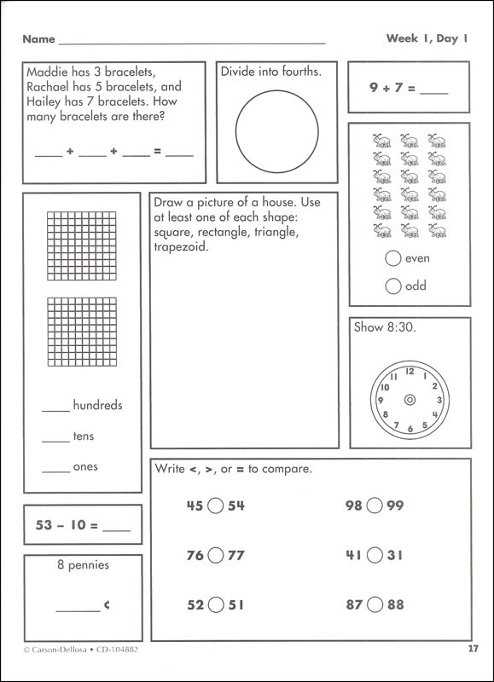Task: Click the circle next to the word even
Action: click(x=393, y=258)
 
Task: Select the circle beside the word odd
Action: click(x=393, y=286)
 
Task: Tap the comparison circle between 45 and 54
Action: click(x=215, y=506)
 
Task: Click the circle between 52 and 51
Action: click(x=215, y=605)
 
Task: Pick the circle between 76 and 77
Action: click(x=215, y=555)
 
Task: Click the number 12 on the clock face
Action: click(x=410, y=371)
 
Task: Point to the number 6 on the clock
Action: click(x=410, y=428)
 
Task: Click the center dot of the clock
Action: click(x=410, y=399)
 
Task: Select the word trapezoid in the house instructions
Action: click(x=181, y=247)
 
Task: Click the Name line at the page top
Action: click(x=192, y=40)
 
